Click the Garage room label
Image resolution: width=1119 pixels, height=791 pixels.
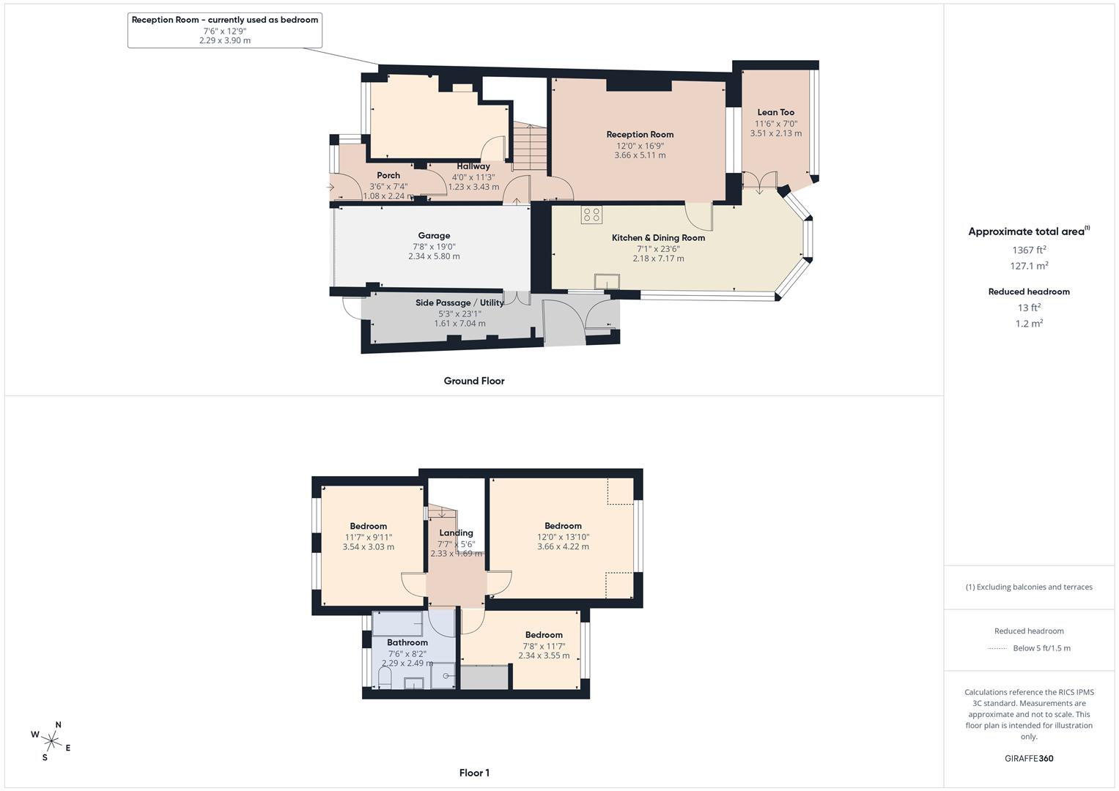coord(434,236)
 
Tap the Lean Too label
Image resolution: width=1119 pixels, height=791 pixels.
coord(775,113)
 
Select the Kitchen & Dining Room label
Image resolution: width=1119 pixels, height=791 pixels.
coord(658,238)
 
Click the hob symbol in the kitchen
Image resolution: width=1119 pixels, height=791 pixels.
coord(591,215)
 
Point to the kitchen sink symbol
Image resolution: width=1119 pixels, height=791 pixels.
coord(607,283)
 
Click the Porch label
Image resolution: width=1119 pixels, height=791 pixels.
coord(388,176)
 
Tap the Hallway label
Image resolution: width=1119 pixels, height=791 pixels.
coord(473,166)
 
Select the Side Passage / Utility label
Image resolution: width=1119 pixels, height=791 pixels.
coord(459,302)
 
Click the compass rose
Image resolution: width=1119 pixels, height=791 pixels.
coord(51,740)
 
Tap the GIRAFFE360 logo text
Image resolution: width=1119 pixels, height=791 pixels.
coord(1029,758)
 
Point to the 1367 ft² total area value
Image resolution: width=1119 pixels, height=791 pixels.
coord(1029,250)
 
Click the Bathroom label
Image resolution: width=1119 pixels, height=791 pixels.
coord(407,642)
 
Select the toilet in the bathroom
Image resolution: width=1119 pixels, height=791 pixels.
coord(384,677)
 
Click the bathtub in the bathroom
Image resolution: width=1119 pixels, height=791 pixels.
coord(397,623)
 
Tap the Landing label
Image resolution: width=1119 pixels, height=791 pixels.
coord(456,533)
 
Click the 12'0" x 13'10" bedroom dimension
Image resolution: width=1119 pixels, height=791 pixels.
coord(563,536)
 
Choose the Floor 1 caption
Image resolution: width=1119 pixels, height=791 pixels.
coord(474,773)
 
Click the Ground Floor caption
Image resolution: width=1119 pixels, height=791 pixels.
coord(474,381)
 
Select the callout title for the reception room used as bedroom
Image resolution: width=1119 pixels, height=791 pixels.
coord(225,20)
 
